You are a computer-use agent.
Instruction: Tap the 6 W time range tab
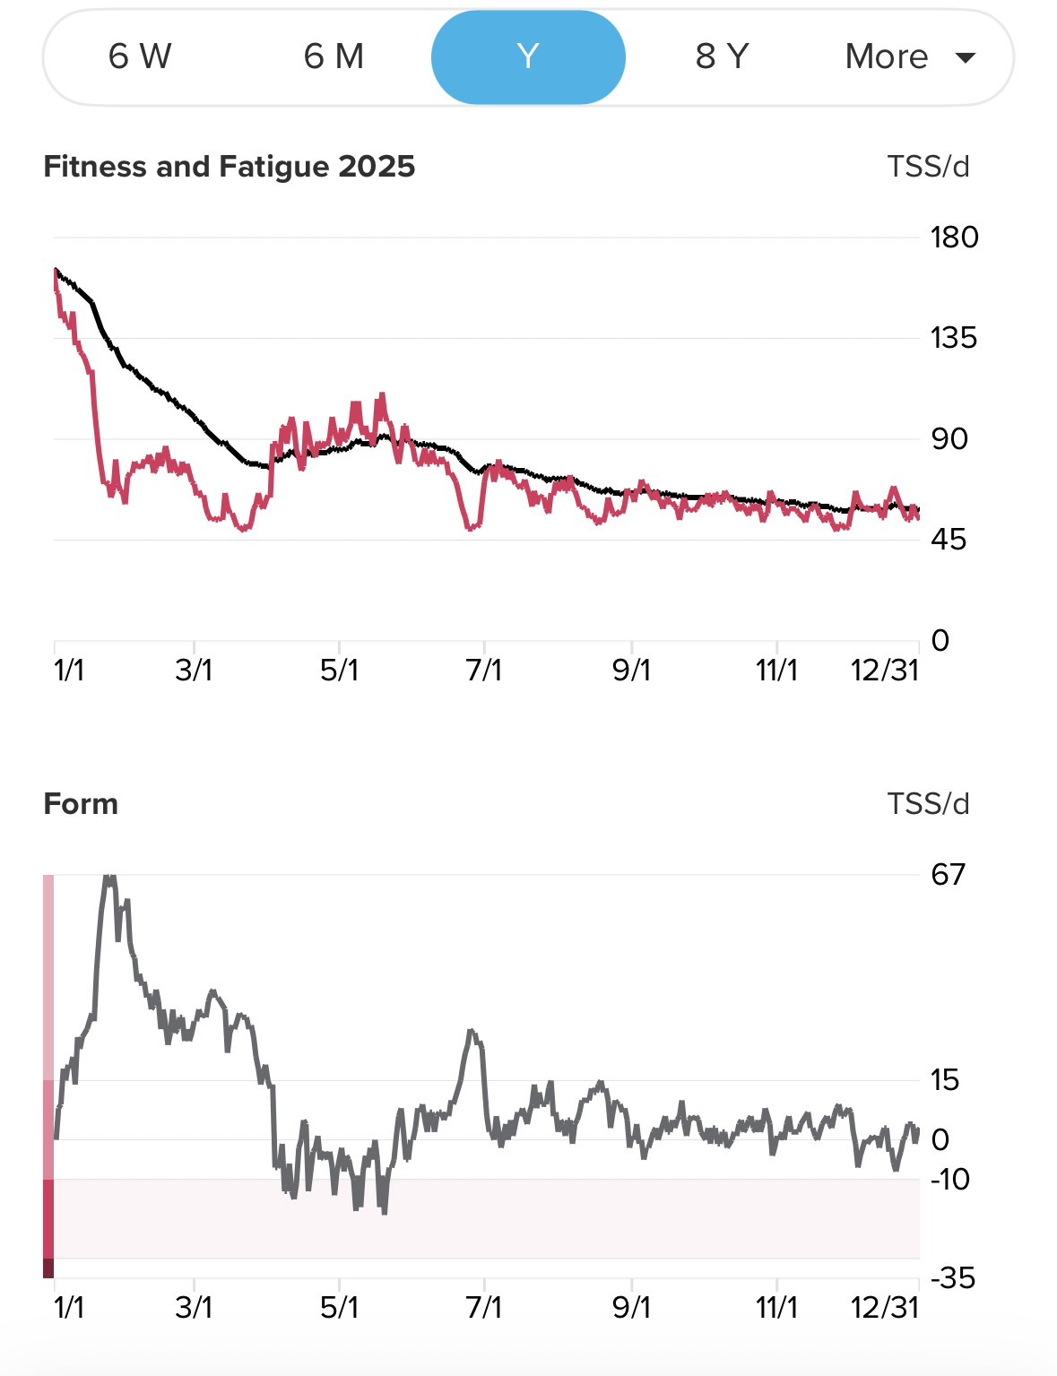pos(140,57)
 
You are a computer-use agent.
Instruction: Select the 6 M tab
pos(334,57)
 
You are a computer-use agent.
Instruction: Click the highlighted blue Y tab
pos(528,57)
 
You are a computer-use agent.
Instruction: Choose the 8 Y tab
pos(722,57)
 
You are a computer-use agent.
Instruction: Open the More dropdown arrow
pos(966,58)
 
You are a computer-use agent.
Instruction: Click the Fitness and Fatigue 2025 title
pos(230,167)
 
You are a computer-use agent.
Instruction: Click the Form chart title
pos(81,804)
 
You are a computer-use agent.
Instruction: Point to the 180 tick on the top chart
pos(954,238)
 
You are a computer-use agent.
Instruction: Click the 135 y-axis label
pos(954,338)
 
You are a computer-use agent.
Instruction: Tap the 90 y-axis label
pos(949,439)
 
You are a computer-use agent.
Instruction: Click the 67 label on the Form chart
pos(949,874)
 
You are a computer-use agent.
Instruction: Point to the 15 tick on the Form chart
pos(945,1080)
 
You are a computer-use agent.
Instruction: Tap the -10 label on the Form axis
pos(950,1180)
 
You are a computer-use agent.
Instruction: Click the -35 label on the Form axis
pos(952,1278)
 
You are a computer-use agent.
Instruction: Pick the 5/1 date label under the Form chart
pos(339,1308)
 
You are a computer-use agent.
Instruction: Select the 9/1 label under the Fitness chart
pos(631,671)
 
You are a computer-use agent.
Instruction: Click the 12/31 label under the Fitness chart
pos(885,671)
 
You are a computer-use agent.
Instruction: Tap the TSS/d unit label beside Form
pos(928,804)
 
